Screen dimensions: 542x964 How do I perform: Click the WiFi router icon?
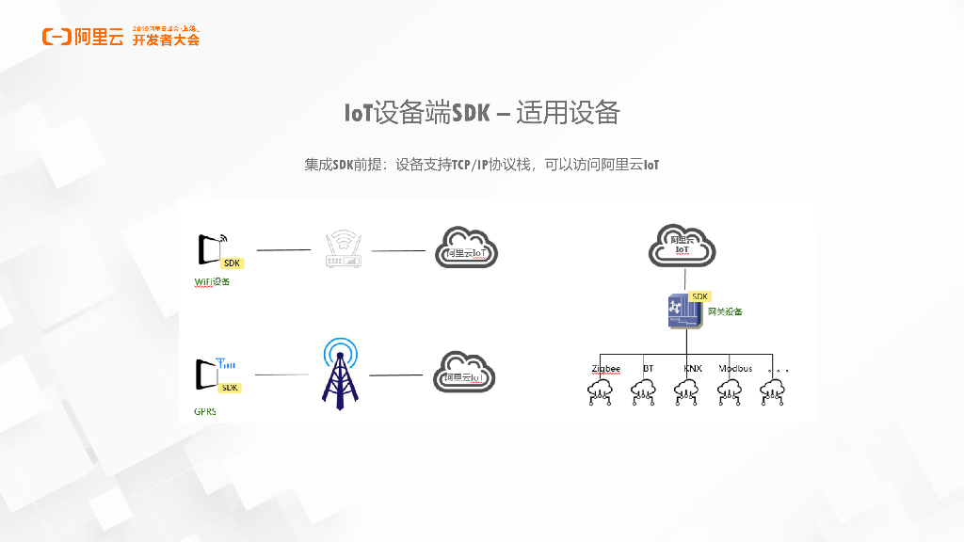(x=343, y=249)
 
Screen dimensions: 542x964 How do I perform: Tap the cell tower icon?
(x=339, y=373)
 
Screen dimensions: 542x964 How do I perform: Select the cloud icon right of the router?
(x=466, y=248)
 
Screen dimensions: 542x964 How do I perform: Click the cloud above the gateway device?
(x=683, y=246)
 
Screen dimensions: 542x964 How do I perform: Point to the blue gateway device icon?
(x=684, y=311)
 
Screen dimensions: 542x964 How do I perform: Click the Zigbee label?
(x=606, y=368)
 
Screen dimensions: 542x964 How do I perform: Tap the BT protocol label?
(x=648, y=368)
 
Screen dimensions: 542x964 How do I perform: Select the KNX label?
(x=693, y=368)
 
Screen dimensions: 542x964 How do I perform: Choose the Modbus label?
(x=735, y=368)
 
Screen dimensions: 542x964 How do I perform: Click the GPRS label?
(x=205, y=411)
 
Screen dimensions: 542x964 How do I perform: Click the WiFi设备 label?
(x=212, y=281)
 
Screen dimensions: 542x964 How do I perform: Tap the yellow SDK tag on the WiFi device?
(x=232, y=263)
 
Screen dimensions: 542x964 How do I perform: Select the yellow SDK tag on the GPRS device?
(x=230, y=388)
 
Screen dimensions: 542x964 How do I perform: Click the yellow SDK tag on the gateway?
(x=699, y=296)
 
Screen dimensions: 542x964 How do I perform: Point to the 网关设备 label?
(x=725, y=311)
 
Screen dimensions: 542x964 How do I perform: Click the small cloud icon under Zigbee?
(x=600, y=391)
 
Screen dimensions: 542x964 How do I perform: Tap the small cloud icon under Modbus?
(x=730, y=391)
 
